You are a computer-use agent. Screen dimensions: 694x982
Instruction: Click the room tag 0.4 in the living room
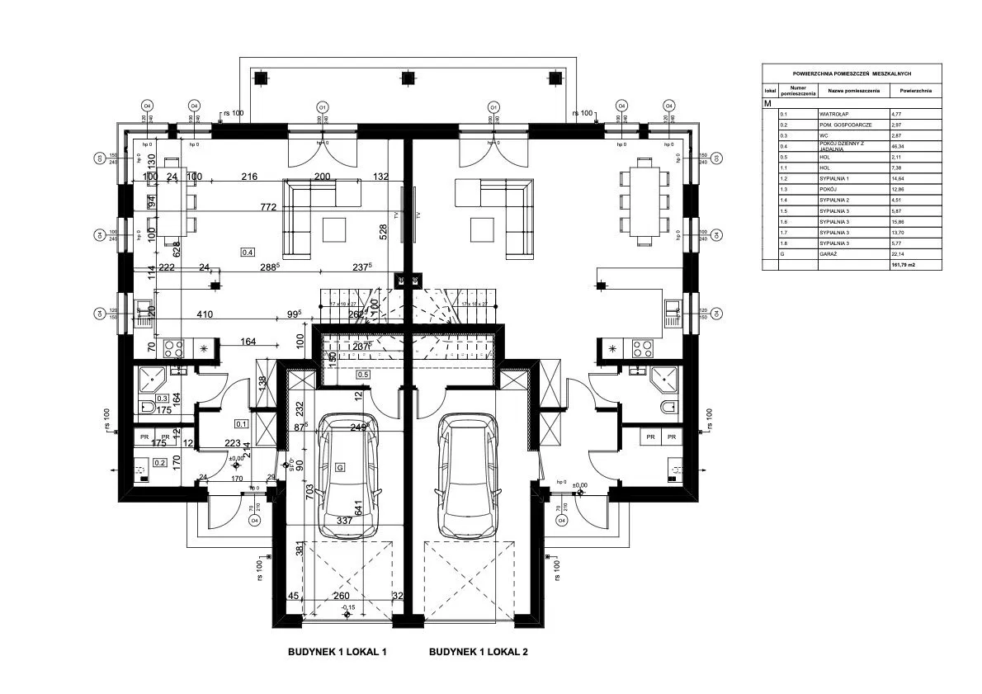tap(248, 251)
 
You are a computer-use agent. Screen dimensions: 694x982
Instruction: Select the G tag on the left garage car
tap(338, 467)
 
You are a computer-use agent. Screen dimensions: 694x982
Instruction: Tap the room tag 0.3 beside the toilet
tap(162, 399)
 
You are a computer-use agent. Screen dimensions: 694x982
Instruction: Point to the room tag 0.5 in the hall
tap(362, 374)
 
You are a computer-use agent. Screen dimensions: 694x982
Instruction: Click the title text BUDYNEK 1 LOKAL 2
tap(478, 652)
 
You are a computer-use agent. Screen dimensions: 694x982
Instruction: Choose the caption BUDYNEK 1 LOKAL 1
tap(337, 652)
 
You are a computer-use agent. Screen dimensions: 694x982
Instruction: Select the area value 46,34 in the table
tap(897, 145)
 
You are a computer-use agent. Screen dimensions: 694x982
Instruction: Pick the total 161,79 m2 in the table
tap(904, 266)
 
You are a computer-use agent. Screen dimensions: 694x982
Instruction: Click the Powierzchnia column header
tap(916, 90)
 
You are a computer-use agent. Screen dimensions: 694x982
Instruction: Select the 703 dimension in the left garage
tap(309, 490)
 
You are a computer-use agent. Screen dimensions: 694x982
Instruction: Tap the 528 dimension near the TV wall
tap(383, 234)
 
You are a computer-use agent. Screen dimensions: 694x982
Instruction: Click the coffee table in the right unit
tap(481, 227)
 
